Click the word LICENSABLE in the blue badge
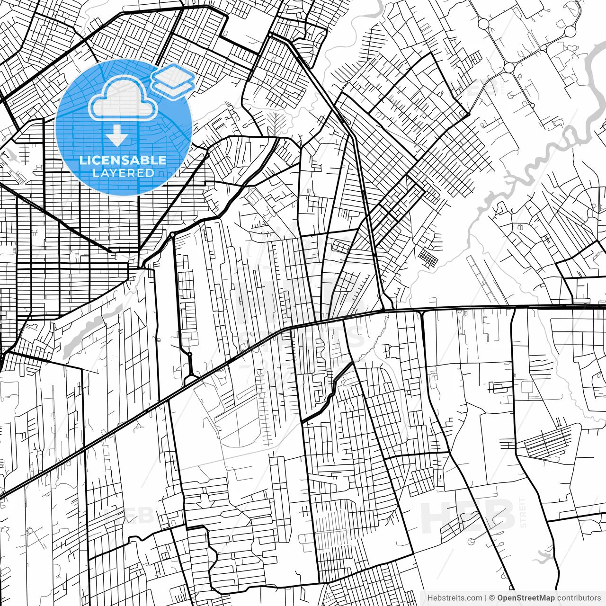click(x=123, y=160)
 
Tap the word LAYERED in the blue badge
click(x=123, y=173)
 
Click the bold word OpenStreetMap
click(x=526, y=598)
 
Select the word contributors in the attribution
click(x=579, y=598)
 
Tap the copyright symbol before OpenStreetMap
click(x=492, y=598)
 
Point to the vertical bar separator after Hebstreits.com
click(x=486, y=598)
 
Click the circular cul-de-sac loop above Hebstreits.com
click(x=471, y=541)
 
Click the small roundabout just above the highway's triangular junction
click(x=189, y=354)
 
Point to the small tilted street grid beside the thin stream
click(x=429, y=258)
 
